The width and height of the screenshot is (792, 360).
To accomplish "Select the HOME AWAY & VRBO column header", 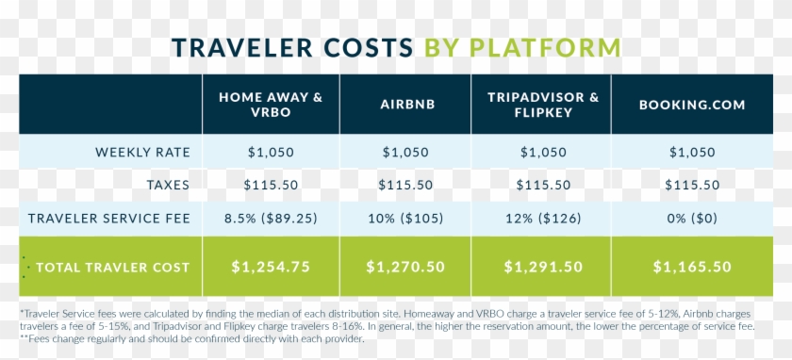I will coord(271,104).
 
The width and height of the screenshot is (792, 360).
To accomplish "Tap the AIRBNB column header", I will coord(405,104).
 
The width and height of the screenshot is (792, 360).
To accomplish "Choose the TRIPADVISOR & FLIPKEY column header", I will coord(542,104).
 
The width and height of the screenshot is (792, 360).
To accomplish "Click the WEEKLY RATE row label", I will coord(142,152).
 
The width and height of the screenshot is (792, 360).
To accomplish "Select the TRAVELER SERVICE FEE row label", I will coord(109,219).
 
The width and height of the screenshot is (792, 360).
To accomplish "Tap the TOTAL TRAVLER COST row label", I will coord(111,267).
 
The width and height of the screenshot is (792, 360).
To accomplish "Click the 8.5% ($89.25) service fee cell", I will coord(271,219).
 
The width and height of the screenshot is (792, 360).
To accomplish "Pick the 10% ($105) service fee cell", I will coord(405,219).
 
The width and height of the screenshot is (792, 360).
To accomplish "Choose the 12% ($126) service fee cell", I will coord(542,219).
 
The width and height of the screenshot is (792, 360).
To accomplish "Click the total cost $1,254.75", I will coord(271,267).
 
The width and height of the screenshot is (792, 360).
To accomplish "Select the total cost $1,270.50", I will coord(405,267).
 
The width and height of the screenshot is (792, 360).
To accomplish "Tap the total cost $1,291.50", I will coord(542,267).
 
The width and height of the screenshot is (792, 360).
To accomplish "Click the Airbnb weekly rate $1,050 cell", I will coord(405,152).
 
